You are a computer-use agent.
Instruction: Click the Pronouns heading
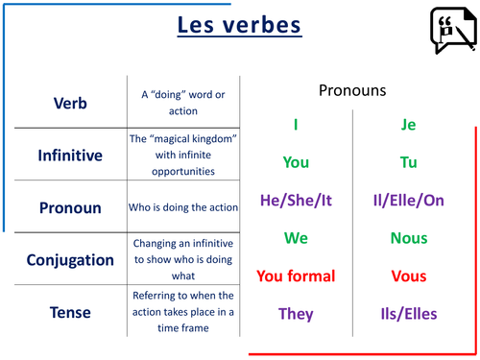(351, 90)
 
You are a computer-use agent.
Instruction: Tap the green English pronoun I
(296, 124)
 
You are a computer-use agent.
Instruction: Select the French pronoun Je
(408, 124)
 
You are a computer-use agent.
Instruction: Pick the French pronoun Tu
(408, 161)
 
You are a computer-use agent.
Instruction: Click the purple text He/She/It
(296, 200)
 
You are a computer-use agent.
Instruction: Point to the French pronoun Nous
(408, 238)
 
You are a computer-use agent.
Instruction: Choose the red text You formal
(296, 276)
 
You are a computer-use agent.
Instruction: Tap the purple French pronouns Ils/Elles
(408, 314)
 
